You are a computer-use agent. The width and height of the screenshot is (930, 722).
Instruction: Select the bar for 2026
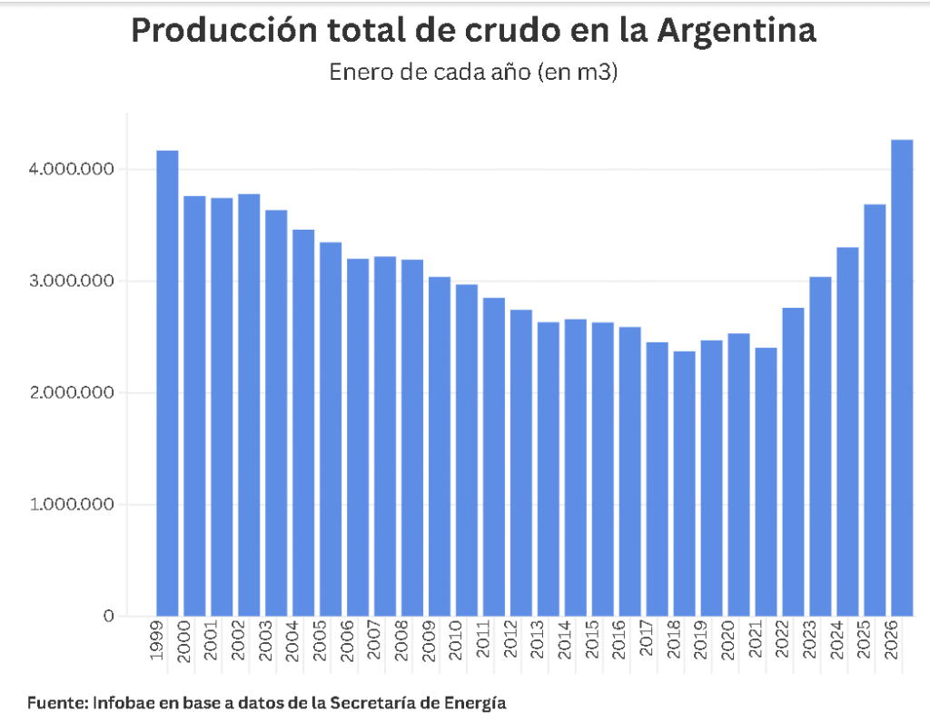point(902,378)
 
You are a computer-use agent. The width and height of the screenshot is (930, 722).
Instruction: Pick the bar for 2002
point(249,405)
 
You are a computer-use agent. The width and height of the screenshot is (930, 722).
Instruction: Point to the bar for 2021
point(766,481)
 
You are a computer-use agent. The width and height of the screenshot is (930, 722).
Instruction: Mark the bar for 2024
point(847,431)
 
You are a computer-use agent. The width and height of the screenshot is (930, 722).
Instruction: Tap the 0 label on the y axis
point(109,617)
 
